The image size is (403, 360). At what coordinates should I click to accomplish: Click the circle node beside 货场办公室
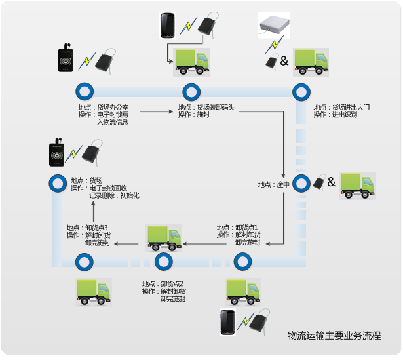pyautogui.click(x=83, y=91)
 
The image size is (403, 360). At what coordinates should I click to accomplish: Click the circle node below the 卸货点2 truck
pyautogui.click(x=163, y=262)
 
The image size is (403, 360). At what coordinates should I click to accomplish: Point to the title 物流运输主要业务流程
pyautogui.click(x=334, y=336)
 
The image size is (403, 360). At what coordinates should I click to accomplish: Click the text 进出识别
pyautogui.click(x=345, y=115)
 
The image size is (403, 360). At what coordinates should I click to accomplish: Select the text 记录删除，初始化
pyautogui.click(x=114, y=196)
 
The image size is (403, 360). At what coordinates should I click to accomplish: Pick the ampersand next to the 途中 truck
pyautogui.click(x=332, y=182)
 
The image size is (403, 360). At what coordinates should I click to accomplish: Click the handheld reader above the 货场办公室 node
pyautogui.click(x=66, y=59)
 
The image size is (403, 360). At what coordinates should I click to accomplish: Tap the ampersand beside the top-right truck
pyautogui.click(x=284, y=62)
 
